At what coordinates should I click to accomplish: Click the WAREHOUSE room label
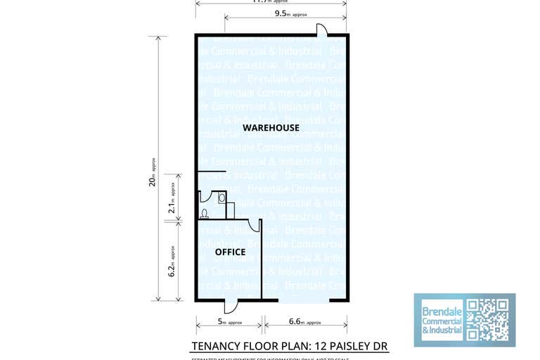[x=271, y=128]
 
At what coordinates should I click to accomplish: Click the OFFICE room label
[x=230, y=252]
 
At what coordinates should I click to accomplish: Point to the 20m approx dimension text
[x=152, y=172]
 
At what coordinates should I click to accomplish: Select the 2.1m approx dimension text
[x=172, y=198]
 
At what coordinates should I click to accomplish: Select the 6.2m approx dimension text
[x=172, y=260]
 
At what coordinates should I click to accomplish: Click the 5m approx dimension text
[x=229, y=323]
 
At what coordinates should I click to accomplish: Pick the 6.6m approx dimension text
[x=305, y=323]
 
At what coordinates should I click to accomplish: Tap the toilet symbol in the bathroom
[x=205, y=213]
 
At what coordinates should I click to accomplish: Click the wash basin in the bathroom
[x=221, y=198]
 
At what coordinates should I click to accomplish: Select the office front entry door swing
[x=231, y=307]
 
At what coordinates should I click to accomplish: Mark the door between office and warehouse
[x=254, y=224]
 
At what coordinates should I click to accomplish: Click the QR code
[x=487, y=320]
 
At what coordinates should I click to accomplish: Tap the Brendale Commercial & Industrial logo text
[x=442, y=320]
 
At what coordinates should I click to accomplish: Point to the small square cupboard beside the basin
[x=230, y=210]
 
